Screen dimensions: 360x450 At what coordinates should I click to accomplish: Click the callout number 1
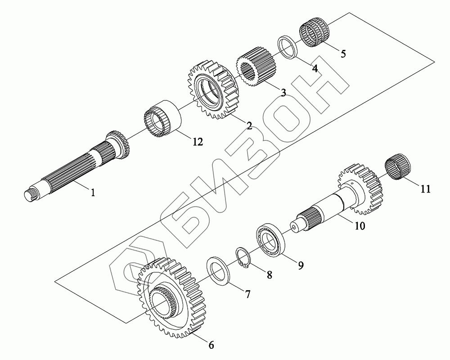[x=93, y=193]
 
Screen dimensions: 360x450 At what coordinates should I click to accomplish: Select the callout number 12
[x=198, y=142]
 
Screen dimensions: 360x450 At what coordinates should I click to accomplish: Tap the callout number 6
[x=211, y=345]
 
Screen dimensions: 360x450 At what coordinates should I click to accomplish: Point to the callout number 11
[x=426, y=189]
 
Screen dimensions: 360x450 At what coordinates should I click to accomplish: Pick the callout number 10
[x=360, y=225]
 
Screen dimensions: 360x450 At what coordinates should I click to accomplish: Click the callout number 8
[x=269, y=275]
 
